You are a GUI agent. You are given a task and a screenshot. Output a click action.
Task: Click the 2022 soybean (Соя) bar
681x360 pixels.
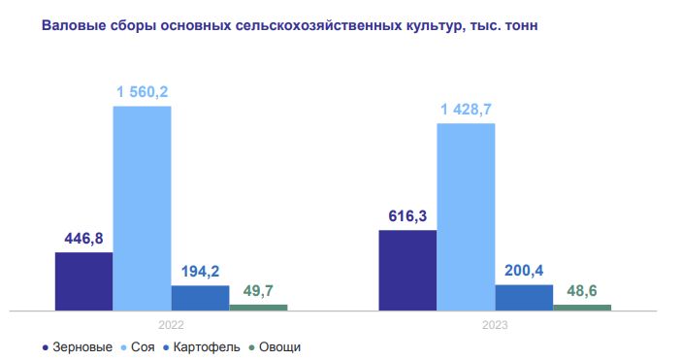pyautogui.click(x=142, y=208)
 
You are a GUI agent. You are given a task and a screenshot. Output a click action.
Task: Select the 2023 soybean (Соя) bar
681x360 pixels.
pyautogui.click(x=466, y=216)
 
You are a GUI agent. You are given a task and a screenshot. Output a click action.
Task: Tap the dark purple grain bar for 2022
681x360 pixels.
pyautogui.click(x=83, y=281)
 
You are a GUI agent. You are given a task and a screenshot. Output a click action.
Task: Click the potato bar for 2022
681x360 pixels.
pyautogui.click(x=200, y=298)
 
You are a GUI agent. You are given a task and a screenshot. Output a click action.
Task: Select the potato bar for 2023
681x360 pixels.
pyautogui.click(x=524, y=297)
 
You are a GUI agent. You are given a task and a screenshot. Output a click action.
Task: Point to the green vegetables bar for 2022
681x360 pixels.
pyautogui.click(x=258, y=308)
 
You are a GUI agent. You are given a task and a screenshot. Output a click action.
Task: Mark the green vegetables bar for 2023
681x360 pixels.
pyautogui.click(x=582, y=308)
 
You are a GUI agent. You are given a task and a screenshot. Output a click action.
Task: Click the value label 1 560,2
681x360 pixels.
pyautogui.click(x=143, y=92)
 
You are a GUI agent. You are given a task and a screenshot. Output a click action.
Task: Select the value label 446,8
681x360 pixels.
pyautogui.click(x=83, y=239)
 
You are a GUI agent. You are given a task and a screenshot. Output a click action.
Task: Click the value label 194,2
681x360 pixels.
pyautogui.click(x=200, y=272)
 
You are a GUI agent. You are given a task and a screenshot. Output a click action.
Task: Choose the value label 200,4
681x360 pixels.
pyautogui.click(x=524, y=271)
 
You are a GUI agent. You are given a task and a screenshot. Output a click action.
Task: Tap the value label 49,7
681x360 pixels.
pyautogui.click(x=258, y=290)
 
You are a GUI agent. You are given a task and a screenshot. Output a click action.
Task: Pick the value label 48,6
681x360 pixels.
pyautogui.click(x=582, y=290)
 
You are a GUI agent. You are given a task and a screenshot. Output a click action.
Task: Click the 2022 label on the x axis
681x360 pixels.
pyautogui.click(x=171, y=326)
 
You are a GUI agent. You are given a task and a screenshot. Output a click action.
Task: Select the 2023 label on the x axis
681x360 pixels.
pyautogui.click(x=495, y=326)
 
